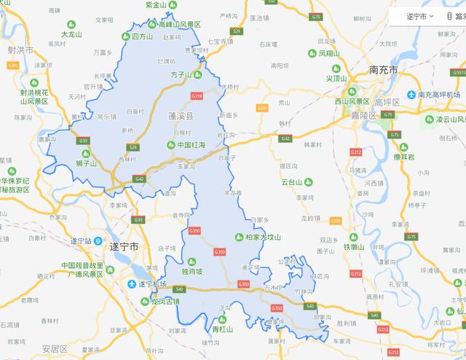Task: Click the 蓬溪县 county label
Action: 181,116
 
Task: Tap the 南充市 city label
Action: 383,71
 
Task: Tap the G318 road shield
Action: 196,95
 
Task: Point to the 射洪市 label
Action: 22,50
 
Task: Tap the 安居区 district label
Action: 55,348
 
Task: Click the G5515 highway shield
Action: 456,72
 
